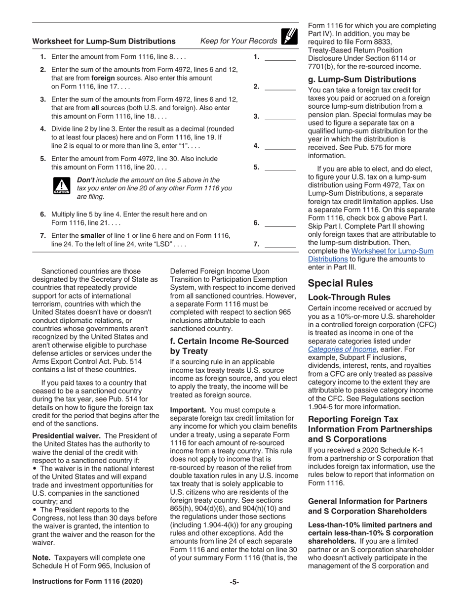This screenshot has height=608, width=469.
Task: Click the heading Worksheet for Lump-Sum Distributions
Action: [104, 42]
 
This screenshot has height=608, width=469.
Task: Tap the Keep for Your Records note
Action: [238, 41]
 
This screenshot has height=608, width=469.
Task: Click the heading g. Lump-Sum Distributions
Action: [362, 80]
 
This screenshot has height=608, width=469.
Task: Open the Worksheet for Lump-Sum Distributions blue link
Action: [370, 255]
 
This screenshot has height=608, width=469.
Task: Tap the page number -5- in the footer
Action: [234, 582]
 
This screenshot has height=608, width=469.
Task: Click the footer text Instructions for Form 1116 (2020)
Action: [87, 582]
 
